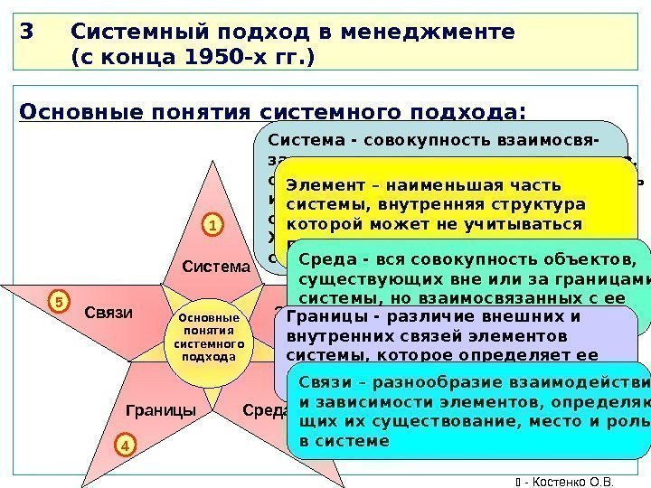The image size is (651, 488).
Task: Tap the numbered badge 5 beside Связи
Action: (58, 301)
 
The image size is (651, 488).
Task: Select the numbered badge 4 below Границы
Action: (125, 445)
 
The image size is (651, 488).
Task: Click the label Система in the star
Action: (215, 267)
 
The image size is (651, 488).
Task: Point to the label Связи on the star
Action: (108, 314)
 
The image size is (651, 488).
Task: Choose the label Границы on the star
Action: (161, 410)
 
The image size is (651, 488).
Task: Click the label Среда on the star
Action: (265, 410)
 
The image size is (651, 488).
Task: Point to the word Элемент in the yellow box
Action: (323, 183)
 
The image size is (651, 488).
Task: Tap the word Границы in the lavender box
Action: (325, 316)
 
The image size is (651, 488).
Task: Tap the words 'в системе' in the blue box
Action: (344, 441)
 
